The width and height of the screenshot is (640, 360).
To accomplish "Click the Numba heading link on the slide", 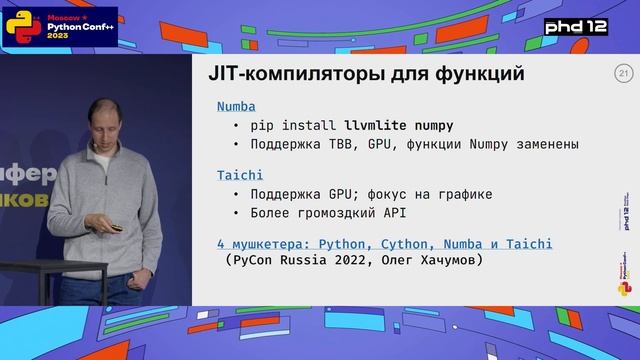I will click(236, 106).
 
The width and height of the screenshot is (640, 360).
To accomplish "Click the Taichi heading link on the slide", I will click(240, 175).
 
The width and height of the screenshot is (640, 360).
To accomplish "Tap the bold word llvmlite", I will click(377, 125).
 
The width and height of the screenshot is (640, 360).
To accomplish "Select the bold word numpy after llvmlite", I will click(432, 125).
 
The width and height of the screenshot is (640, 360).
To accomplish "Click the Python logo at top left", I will click(17, 24).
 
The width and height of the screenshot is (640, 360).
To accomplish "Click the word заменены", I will click(544, 144).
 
